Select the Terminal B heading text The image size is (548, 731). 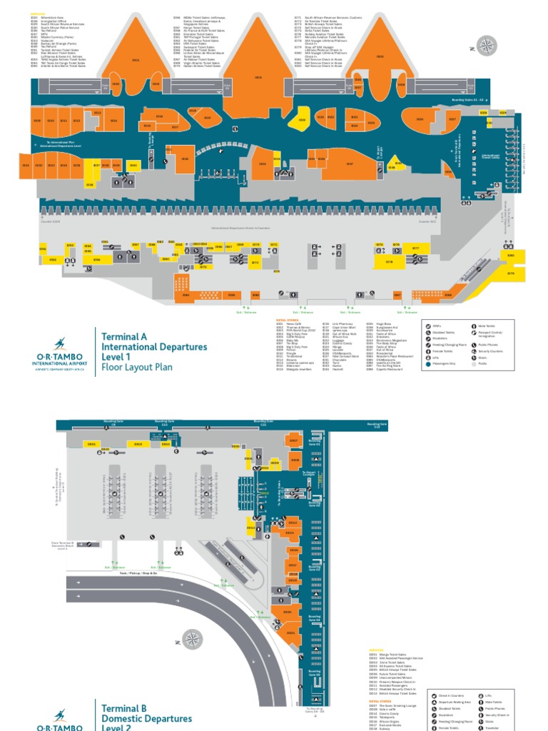tap(123, 708)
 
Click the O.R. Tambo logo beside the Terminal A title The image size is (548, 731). tap(59, 354)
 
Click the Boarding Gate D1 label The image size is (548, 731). tap(315, 443)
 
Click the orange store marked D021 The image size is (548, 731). tap(290, 632)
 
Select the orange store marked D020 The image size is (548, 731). tap(288, 612)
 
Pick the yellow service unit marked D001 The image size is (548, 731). tap(91, 444)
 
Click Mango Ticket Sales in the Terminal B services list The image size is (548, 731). tap(392, 654)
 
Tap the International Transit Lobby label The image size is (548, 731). tap(491, 155)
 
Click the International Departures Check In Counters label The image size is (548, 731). tap(240, 228)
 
